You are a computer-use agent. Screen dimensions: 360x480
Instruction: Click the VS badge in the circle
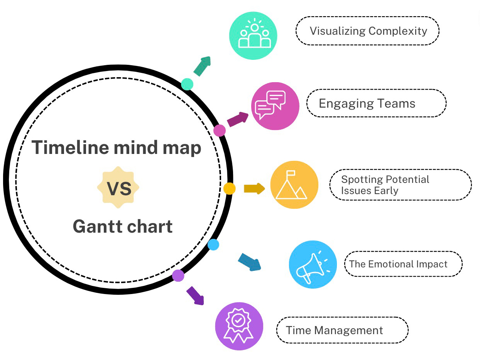(x=118, y=188)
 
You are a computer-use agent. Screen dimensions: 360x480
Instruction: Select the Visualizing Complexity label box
(x=367, y=31)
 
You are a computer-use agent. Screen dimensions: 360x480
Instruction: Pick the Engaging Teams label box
(x=376, y=103)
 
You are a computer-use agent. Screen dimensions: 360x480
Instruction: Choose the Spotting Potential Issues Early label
(x=400, y=185)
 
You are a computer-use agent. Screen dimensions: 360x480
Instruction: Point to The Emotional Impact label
(x=403, y=264)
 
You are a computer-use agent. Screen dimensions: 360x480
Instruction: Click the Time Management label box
(x=342, y=330)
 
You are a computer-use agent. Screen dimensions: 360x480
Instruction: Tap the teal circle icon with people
(x=254, y=35)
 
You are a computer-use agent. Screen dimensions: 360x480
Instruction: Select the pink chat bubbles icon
(x=275, y=106)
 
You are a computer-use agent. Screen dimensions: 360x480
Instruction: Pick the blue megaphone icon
(x=313, y=264)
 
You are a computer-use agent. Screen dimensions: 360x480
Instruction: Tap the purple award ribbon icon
(x=239, y=326)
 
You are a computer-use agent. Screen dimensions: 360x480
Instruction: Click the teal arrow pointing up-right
(x=203, y=66)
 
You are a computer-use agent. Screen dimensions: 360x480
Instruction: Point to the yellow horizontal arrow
(x=254, y=189)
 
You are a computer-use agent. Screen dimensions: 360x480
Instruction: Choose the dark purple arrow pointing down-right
(x=196, y=296)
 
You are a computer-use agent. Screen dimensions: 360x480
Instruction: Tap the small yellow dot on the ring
(x=229, y=189)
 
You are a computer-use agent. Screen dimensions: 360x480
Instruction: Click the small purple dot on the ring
(x=178, y=275)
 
